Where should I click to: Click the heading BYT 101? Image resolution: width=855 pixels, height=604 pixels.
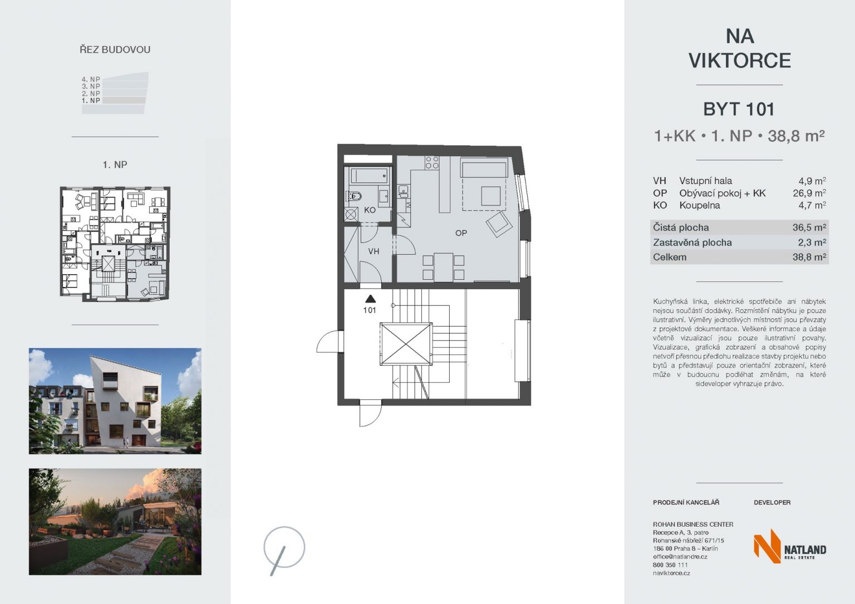[739, 110]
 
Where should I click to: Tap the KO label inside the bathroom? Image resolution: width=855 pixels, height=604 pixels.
[370, 210]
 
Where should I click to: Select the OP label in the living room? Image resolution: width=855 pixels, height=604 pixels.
[461, 233]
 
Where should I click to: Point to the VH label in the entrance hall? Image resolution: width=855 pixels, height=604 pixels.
[374, 251]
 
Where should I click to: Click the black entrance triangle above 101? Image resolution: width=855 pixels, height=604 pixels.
[370, 299]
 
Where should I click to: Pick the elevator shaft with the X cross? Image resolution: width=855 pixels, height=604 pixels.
[406, 344]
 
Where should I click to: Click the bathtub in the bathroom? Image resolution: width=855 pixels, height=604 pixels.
[369, 176]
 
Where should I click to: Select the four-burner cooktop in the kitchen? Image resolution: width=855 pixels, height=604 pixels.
[432, 162]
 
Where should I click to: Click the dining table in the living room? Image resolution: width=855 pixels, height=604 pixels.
[443, 268]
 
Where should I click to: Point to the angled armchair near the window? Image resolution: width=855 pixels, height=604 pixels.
[499, 224]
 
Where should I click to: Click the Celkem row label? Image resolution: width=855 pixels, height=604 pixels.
[670, 257]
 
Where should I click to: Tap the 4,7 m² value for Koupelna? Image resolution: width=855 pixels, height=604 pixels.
[812, 206]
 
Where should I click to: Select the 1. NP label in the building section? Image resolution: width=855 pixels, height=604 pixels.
[91, 101]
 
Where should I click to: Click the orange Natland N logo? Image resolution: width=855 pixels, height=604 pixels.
[766, 546]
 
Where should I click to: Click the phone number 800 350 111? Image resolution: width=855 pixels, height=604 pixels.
[670, 565]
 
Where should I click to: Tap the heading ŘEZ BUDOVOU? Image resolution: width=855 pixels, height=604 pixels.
[115, 49]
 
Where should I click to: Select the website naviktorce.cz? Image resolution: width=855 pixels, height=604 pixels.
[671, 573]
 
